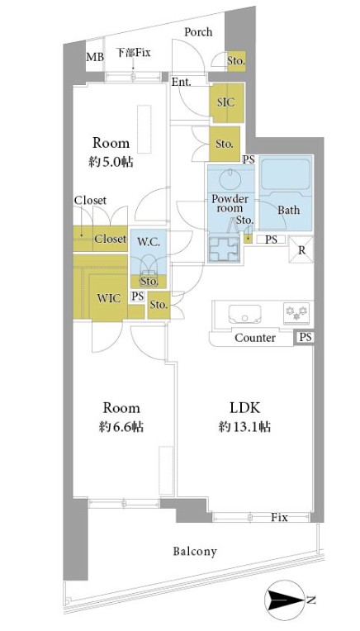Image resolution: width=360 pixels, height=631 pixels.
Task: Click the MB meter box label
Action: pyautogui.click(x=95, y=57)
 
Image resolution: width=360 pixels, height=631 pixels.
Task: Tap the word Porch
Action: pyautogui.click(x=198, y=31)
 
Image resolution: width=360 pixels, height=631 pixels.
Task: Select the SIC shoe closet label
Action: pyautogui.click(x=225, y=102)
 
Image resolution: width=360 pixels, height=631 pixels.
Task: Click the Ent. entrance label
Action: pyautogui.click(x=182, y=82)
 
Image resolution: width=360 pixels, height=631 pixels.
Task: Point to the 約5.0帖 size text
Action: pyautogui.click(x=111, y=162)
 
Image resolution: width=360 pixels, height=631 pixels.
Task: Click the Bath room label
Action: pyautogui.click(x=288, y=210)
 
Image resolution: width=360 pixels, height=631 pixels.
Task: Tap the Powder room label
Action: pyautogui.click(x=230, y=203)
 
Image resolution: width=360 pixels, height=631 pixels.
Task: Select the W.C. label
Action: pyautogui.click(x=149, y=242)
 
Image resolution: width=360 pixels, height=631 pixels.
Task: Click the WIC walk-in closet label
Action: pyautogui.click(x=109, y=298)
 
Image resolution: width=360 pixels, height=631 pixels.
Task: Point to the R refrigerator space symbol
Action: pyautogui.click(x=301, y=249)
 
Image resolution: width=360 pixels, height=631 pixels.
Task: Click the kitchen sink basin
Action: pyautogui.click(x=244, y=315)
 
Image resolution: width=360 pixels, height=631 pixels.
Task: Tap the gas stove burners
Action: pyautogui.click(x=297, y=313)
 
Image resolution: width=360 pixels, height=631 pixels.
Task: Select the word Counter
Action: pyautogui.click(x=255, y=338)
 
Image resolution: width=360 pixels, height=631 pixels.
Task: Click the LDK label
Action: pyautogui.click(x=244, y=408)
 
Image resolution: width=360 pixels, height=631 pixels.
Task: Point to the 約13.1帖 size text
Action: pyautogui.click(x=244, y=426)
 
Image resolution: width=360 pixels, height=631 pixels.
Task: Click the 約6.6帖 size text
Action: pyautogui.click(x=121, y=426)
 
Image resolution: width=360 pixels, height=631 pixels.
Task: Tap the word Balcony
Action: pyautogui.click(x=195, y=551)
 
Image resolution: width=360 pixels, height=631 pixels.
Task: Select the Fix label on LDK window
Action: pyautogui.click(x=279, y=518)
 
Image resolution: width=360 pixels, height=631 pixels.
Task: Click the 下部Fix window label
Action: pyautogui.click(x=133, y=52)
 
